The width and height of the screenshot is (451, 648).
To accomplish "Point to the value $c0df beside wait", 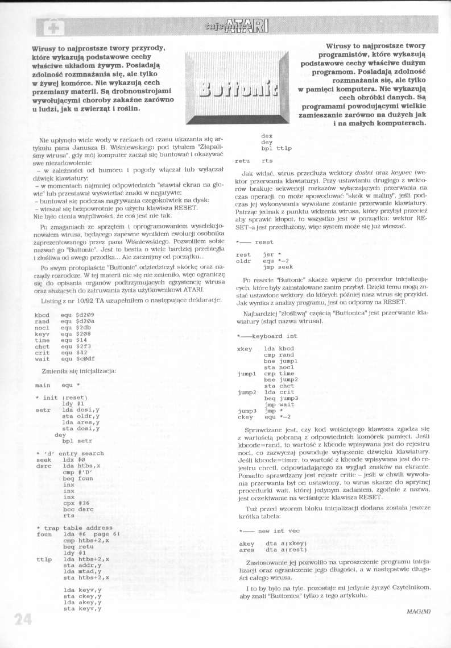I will [x=86, y=358].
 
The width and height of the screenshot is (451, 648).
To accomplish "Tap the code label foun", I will [x=44, y=534].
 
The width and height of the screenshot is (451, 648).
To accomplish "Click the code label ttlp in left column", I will [x=44, y=559].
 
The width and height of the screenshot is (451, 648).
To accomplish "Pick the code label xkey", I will [x=244, y=348].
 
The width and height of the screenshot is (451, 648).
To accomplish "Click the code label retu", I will [x=243, y=161].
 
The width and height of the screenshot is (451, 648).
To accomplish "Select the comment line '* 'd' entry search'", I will [x=69, y=453].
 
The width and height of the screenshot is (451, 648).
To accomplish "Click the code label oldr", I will [x=243, y=261].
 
